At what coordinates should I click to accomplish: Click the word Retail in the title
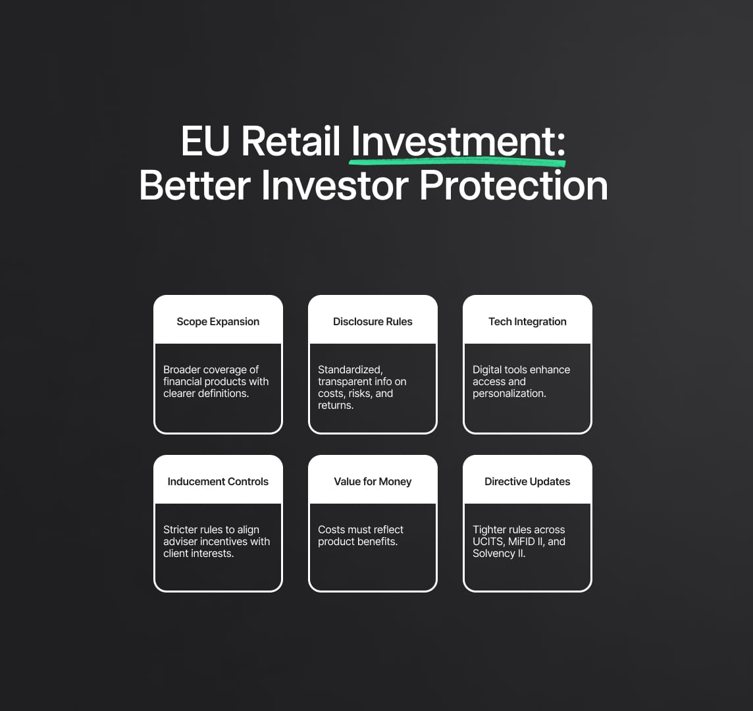pyautogui.click(x=290, y=141)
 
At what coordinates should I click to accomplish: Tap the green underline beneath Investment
pyautogui.click(x=457, y=161)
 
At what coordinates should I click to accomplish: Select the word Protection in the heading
pyautogui.click(x=513, y=186)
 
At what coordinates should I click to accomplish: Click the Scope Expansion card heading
pyautogui.click(x=218, y=321)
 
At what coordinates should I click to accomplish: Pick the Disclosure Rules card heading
pyautogui.click(x=373, y=321)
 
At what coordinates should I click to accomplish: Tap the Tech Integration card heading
pyautogui.click(x=527, y=321)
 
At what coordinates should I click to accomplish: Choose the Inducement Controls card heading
pyautogui.click(x=218, y=481)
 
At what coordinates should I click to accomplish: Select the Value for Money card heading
pyautogui.click(x=373, y=481)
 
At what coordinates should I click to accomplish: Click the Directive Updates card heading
pyautogui.click(x=527, y=481)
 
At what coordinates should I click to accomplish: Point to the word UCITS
pyautogui.click(x=488, y=541)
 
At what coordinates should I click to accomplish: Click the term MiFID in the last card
pyautogui.click(x=523, y=541)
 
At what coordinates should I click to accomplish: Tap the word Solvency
pyautogui.click(x=494, y=554)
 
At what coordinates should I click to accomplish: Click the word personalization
pyautogui.click(x=509, y=394)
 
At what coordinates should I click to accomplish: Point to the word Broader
pyautogui.click(x=182, y=369)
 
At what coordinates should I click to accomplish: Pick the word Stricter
pyautogui.click(x=180, y=529)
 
